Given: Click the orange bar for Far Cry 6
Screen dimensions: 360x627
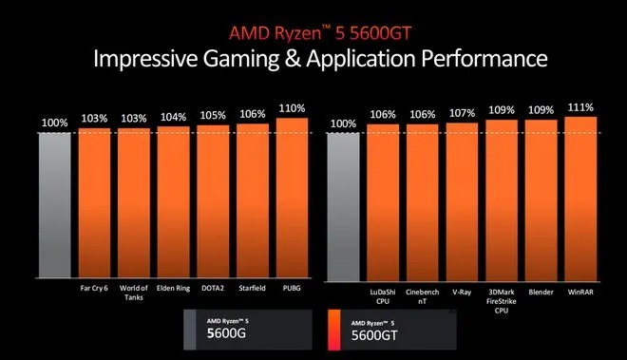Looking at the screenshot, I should [x=94, y=203].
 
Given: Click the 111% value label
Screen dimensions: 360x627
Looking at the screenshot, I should [x=580, y=107].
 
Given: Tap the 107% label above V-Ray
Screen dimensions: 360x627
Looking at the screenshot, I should [x=461, y=115].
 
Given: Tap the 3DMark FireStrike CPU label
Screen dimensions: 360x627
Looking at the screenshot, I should [x=501, y=298].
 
